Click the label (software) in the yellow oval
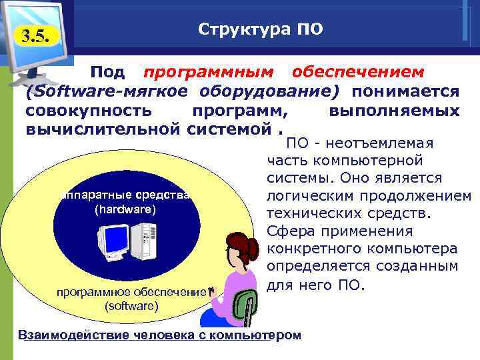click(x=131, y=306)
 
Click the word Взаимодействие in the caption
click(x=75, y=334)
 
